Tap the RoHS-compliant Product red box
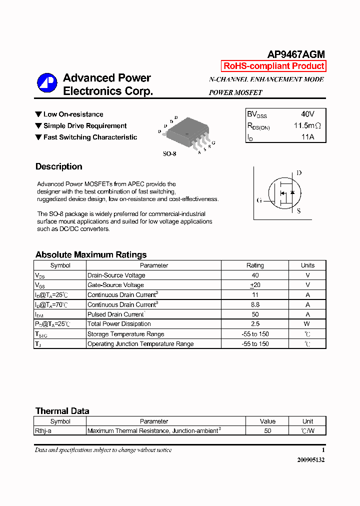pyautogui.click(x=273, y=66)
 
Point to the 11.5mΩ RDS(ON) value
pyautogui.click(x=306, y=125)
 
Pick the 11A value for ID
pyautogui.click(x=307, y=136)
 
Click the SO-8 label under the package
pyautogui.click(x=169, y=154)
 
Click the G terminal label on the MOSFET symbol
pyautogui.click(x=259, y=200)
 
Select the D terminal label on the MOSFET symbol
pyautogui.click(x=299, y=173)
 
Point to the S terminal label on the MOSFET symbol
pyautogui.click(x=299, y=211)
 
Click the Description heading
pyautogui.click(x=59, y=166)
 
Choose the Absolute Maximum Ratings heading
pyautogui.click(x=91, y=254)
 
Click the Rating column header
pyautogui.click(x=255, y=265)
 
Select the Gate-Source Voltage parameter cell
pyautogui.click(x=115, y=285)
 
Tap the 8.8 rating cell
pyautogui.click(x=255, y=304)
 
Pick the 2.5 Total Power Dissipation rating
pyautogui.click(x=255, y=324)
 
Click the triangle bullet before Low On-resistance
pyautogui.click(x=38, y=114)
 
